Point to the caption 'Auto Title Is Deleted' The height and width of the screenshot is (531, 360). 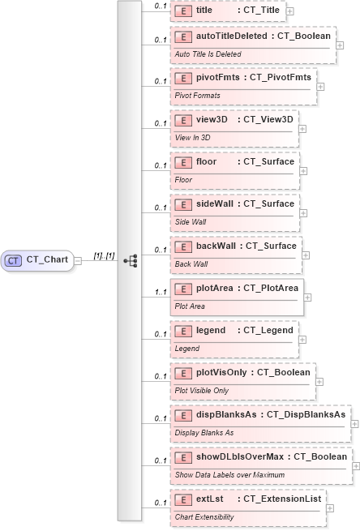pos(208,54)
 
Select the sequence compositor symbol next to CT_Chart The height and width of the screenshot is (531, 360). pos(129,260)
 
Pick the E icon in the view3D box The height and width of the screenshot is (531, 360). pos(183,119)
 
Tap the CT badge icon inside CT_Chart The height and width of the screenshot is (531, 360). pos(13,260)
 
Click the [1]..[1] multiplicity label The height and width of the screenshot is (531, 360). pos(104,256)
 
